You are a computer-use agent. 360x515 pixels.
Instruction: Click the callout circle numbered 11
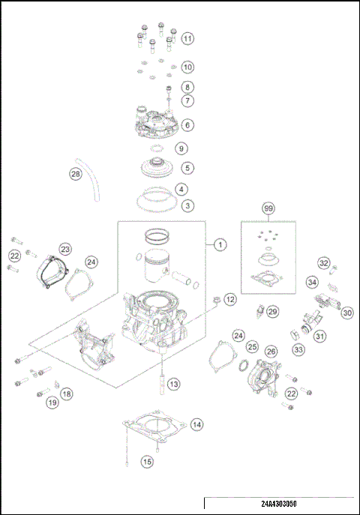(x=187, y=38)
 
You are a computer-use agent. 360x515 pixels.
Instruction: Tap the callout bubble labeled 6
(x=187, y=125)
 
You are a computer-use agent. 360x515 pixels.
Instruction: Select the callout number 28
(x=75, y=174)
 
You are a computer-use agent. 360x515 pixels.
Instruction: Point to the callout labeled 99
(x=268, y=208)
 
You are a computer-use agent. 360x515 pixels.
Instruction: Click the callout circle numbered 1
(x=219, y=244)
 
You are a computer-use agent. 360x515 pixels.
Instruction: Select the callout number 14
(x=196, y=425)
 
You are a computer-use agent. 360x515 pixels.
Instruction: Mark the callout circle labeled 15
(x=147, y=462)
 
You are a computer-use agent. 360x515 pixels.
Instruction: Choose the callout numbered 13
(x=173, y=384)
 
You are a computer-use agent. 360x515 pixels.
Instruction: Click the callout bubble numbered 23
(x=65, y=248)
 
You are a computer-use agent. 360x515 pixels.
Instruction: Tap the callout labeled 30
(x=347, y=313)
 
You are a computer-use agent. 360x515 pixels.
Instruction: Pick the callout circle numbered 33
(x=298, y=349)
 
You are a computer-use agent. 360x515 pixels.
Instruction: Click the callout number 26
(x=271, y=351)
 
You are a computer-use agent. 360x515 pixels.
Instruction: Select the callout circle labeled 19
(x=52, y=403)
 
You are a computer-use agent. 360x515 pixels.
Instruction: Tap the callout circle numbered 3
(x=187, y=205)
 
